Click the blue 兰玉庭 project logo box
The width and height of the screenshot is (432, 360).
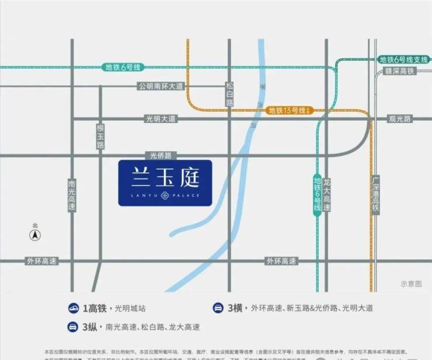(x=165, y=183)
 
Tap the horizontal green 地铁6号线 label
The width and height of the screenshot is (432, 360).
(x=123, y=67)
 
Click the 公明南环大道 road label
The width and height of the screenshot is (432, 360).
(x=161, y=86)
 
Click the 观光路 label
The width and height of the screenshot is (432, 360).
(x=400, y=118)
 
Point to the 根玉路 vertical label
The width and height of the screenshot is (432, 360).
(x=100, y=136)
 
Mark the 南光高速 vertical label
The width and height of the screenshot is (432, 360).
(x=72, y=195)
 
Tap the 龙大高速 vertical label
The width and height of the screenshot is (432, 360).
(x=327, y=195)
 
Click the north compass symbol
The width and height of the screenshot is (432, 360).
(x=35, y=234)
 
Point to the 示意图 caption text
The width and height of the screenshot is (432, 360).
(x=411, y=284)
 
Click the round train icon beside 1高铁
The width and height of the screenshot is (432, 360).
(x=74, y=307)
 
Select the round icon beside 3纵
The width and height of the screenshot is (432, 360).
(x=74, y=327)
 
